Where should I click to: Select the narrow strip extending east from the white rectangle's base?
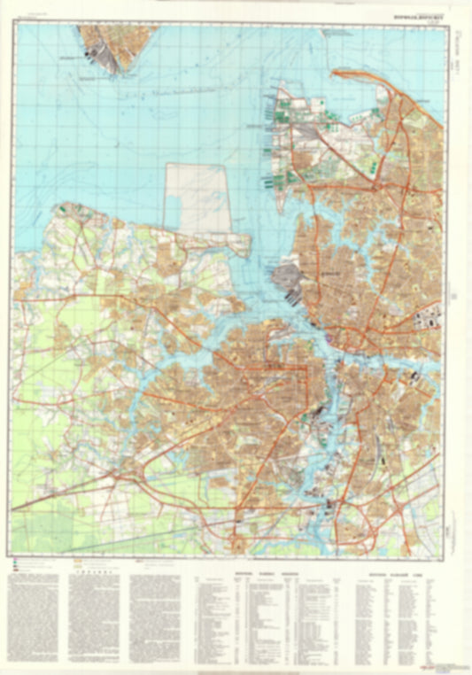pos(235,241)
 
